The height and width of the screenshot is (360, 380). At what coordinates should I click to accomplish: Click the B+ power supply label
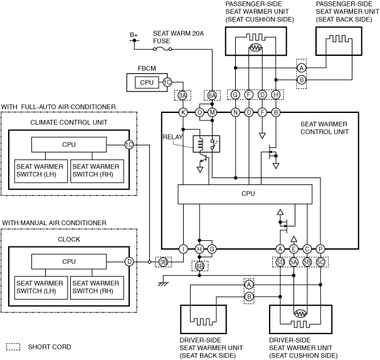click(x=134, y=35)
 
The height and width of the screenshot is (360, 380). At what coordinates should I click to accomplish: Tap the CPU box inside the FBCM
click(x=146, y=82)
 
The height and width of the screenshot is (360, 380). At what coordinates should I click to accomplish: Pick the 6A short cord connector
click(x=212, y=95)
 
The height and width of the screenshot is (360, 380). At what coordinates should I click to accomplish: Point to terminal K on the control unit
click(x=184, y=112)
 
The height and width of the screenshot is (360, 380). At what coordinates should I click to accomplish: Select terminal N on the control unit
click(x=235, y=112)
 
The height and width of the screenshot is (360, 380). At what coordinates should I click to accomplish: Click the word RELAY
click(x=172, y=137)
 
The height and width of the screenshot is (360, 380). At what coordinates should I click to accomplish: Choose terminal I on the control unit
click(x=184, y=249)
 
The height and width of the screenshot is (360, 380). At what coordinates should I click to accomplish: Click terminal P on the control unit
click(x=320, y=249)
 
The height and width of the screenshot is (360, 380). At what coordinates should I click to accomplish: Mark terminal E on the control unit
click(x=293, y=249)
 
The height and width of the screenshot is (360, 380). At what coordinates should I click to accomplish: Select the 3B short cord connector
click(x=164, y=262)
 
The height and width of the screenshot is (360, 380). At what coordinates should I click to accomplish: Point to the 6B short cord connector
click(x=199, y=267)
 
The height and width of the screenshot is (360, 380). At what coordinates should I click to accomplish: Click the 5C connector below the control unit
click(x=320, y=262)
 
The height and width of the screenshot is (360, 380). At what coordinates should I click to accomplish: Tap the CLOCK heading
click(x=69, y=239)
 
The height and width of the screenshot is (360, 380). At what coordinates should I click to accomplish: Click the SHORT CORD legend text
click(x=49, y=347)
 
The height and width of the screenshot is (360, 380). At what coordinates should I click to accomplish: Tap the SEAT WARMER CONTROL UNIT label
click(x=324, y=128)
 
